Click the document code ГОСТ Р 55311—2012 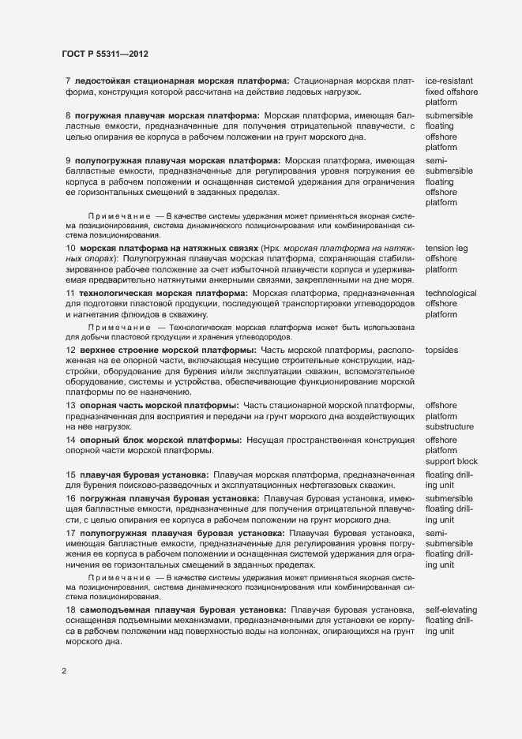click(x=104, y=54)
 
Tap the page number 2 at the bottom click(x=64, y=671)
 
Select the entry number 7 click(x=68, y=81)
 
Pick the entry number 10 click(x=70, y=249)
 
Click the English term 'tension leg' click(x=447, y=249)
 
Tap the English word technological click(x=451, y=293)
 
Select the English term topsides click(x=442, y=349)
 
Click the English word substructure click(x=449, y=427)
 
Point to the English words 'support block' click(x=451, y=461)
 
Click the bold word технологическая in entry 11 click(x=119, y=293)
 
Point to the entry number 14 click(x=70, y=439)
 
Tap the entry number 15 click(x=70, y=474)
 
